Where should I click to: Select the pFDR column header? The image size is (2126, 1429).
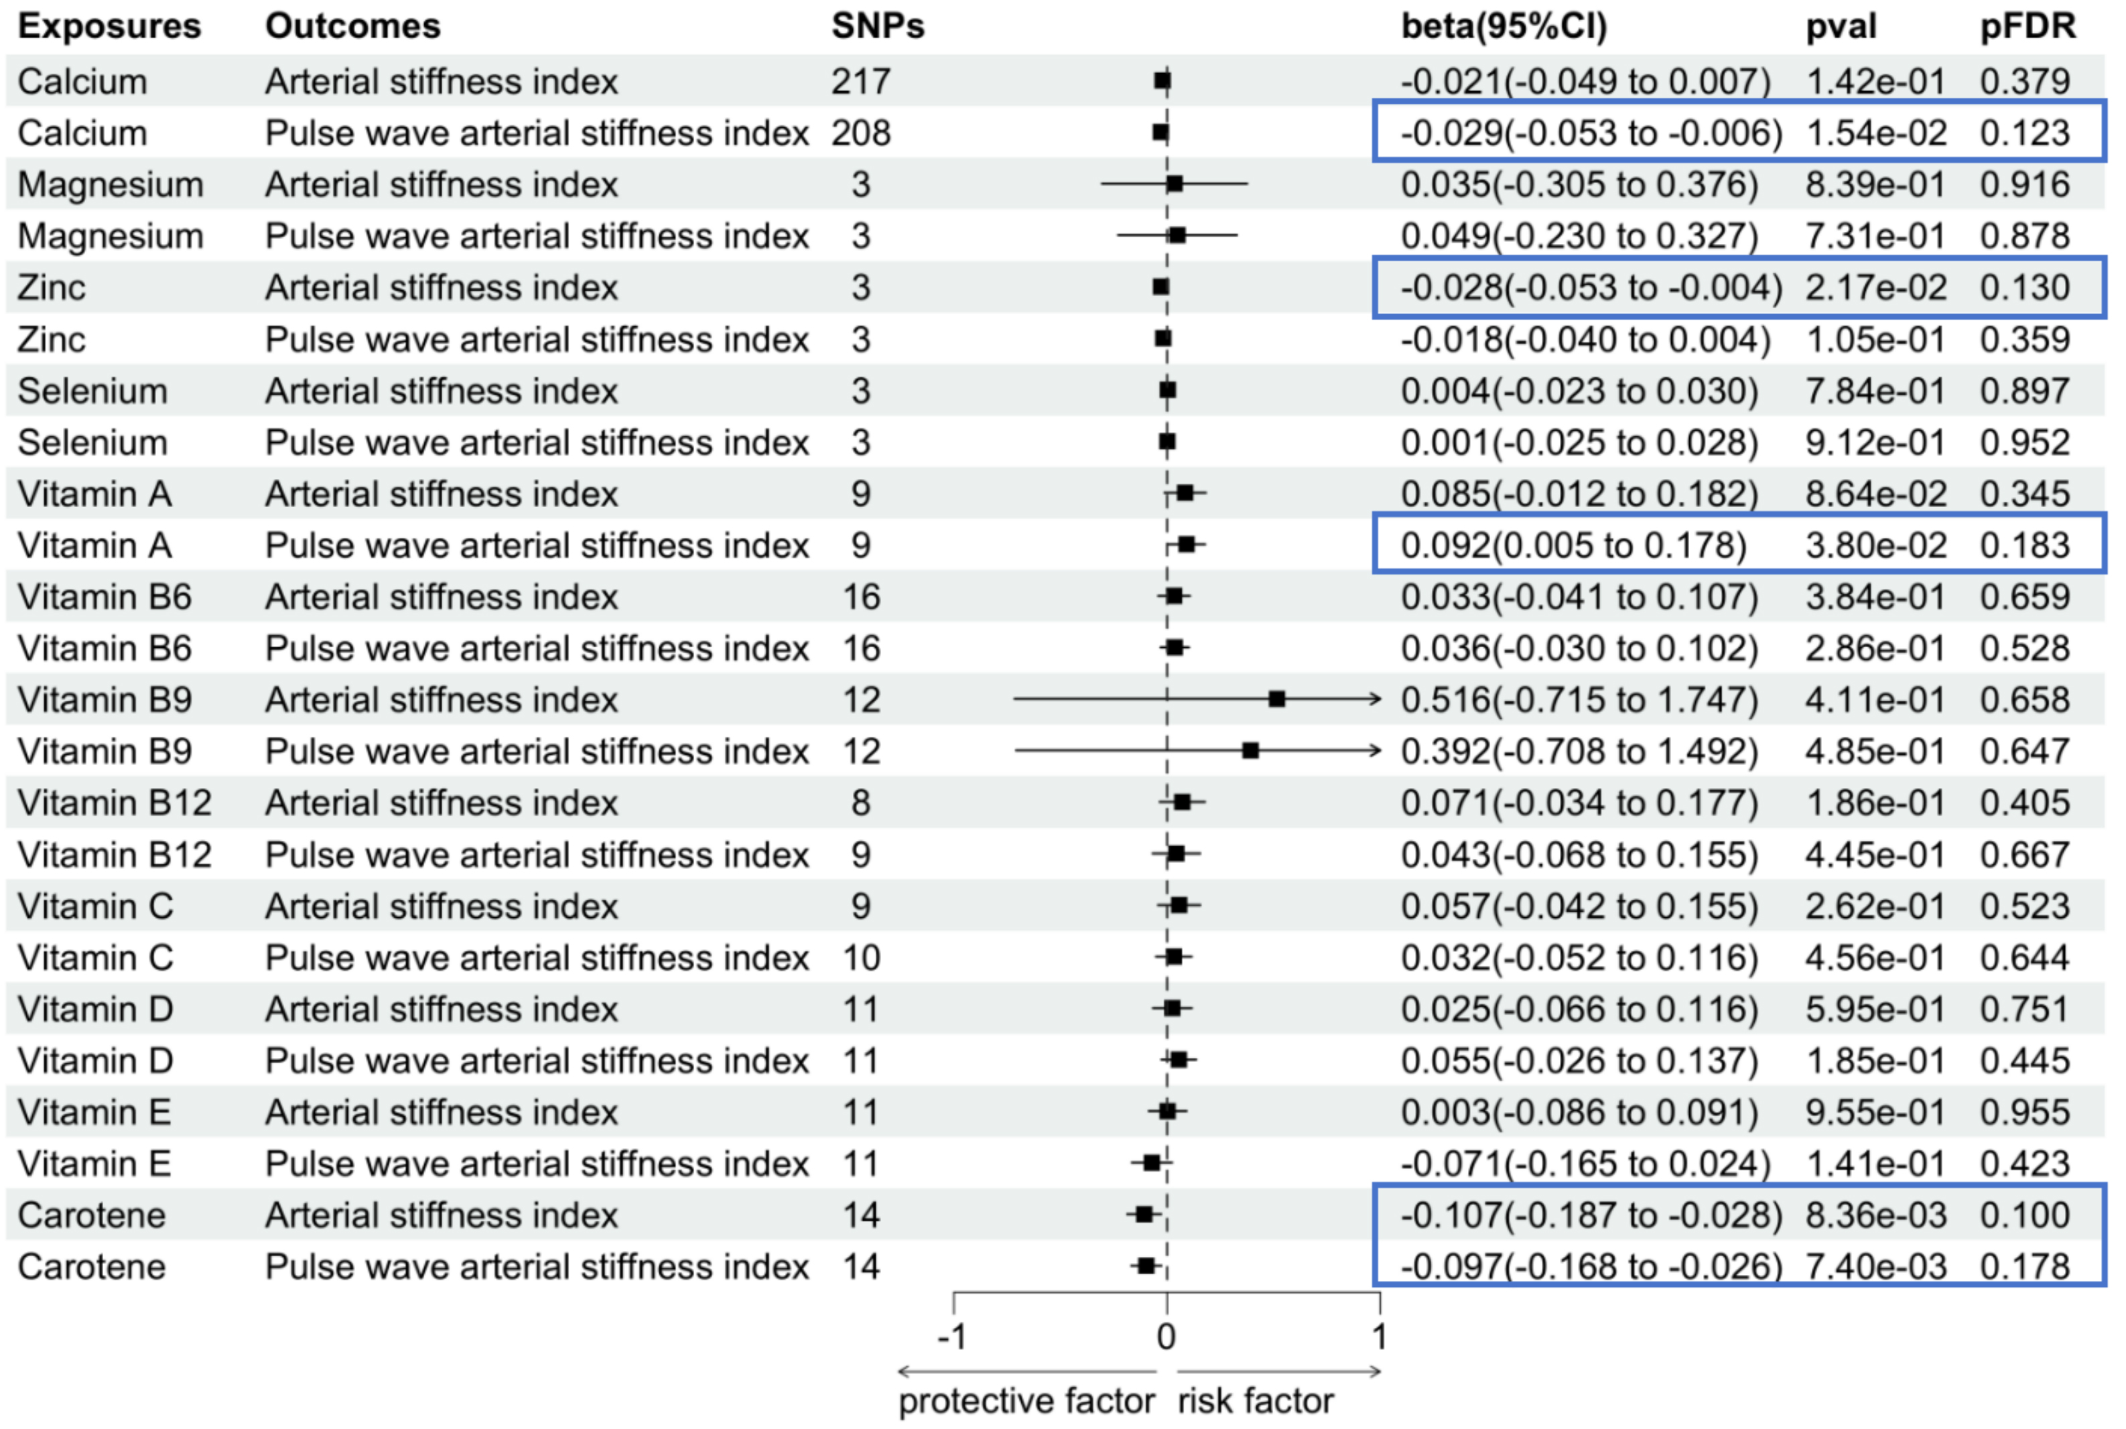click(x=2028, y=26)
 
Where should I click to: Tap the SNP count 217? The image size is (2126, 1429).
click(x=860, y=82)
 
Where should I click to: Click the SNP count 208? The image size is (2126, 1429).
click(x=860, y=133)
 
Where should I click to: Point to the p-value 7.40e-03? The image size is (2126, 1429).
click(x=1875, y=1267)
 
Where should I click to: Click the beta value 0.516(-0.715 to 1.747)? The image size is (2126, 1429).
click(x=1579, y=700)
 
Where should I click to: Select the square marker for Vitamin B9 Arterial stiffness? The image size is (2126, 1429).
click(x=1276, y=699)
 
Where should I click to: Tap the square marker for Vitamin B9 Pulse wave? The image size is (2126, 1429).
click(x=1250, y=751)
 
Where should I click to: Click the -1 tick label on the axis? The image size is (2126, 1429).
click(x=952, y=1337)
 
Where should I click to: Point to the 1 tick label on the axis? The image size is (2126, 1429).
click(x=1380, y=1337)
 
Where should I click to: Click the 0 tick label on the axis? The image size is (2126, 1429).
click(x=1167, y=1337)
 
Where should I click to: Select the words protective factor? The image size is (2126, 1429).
click(x=1026, y=1401)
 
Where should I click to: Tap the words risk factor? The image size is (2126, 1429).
click(x=1255, y=1401)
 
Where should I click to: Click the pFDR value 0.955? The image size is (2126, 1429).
click(x=2024, y=1112)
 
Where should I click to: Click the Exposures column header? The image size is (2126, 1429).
click(x=109, y=26)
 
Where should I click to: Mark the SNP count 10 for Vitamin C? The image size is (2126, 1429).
click(x=860, y=958)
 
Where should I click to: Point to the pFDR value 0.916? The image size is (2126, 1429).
click(x=2024, y=185)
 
